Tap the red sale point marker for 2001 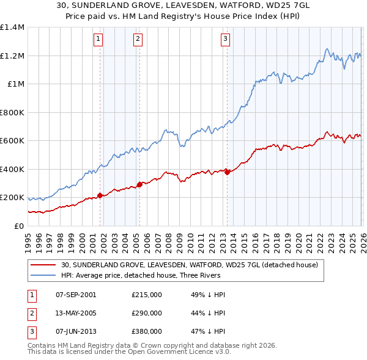click(x=100, y=196)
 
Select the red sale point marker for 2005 click(x=139, y=184)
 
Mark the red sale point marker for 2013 click(x=227, y=172)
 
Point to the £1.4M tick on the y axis click(x=12, y=27)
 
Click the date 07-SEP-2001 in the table click(x=76, y=295)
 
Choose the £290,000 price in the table click(x=146, y=313)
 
